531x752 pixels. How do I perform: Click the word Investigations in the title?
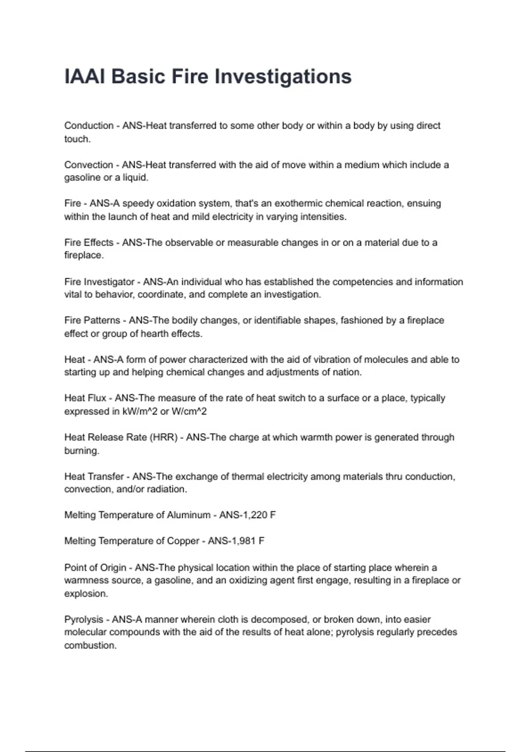(283, 77)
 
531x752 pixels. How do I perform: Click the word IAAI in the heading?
(85, 77)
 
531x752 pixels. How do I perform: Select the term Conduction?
(88, 126)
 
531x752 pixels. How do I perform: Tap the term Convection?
(88, 165)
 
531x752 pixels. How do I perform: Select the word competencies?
(354, 282)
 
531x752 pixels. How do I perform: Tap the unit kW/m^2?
(139, 411)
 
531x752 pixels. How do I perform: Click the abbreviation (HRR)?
(164, 437)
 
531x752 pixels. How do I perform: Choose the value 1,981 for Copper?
(239, 541)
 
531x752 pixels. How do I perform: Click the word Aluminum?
(189, 515)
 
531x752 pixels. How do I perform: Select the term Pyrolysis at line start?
(84, 620)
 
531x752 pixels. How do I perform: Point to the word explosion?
(86, 594)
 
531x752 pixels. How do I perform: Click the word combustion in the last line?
(90, 645)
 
